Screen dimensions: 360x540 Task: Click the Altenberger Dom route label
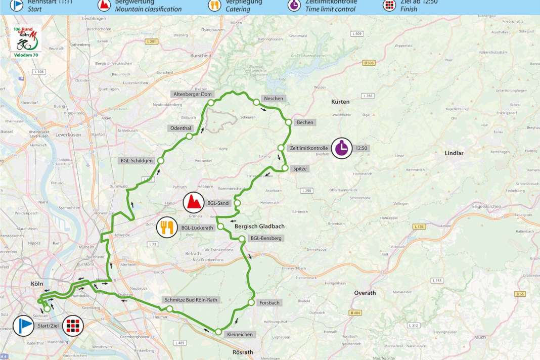pos(194,94)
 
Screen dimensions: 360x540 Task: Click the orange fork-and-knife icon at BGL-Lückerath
pos(167,228)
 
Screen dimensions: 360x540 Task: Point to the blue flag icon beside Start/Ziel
pos(23,326)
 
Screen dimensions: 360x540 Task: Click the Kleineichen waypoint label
pos(240,335)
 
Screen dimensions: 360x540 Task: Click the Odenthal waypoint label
pos(179,129)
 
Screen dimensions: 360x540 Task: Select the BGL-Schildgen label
pos(136,161)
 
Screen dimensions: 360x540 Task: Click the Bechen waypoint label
pos(305,122)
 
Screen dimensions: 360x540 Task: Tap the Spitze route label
pos(300,168)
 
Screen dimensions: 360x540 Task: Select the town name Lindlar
pos(454,153)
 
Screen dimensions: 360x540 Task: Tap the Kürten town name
pos(340,102)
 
